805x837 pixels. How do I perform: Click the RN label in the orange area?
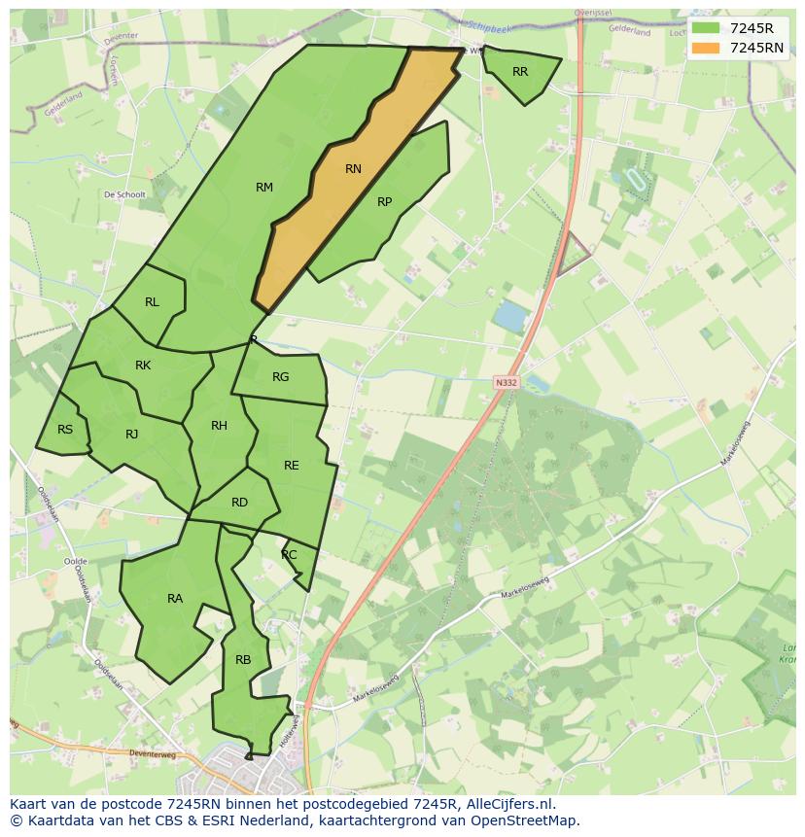coord(353,169)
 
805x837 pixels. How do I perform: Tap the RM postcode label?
coord(264,188)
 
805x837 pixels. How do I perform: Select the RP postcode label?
coord(384,202)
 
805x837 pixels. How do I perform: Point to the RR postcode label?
coord(520,72)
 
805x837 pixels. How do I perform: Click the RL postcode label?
coord(152,302)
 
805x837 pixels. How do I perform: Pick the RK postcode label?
coord(143,366)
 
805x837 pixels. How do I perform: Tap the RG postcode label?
coord(280,377)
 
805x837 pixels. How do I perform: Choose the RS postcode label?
coord(65,430)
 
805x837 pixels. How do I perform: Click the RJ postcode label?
coord(132,435)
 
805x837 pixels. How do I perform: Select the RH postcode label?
coord(219,426)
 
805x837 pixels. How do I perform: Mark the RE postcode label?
coord(291,466)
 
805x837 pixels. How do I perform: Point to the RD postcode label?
coord(239,503)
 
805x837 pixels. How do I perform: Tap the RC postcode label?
coord(289,555)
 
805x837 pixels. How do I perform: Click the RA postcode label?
coord(175,599)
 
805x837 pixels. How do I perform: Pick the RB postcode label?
coord(243,660)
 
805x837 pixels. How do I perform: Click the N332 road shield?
coord(506,383)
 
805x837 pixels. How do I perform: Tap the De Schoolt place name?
coord(124,194)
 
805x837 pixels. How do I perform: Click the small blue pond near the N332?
coord(511,315)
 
